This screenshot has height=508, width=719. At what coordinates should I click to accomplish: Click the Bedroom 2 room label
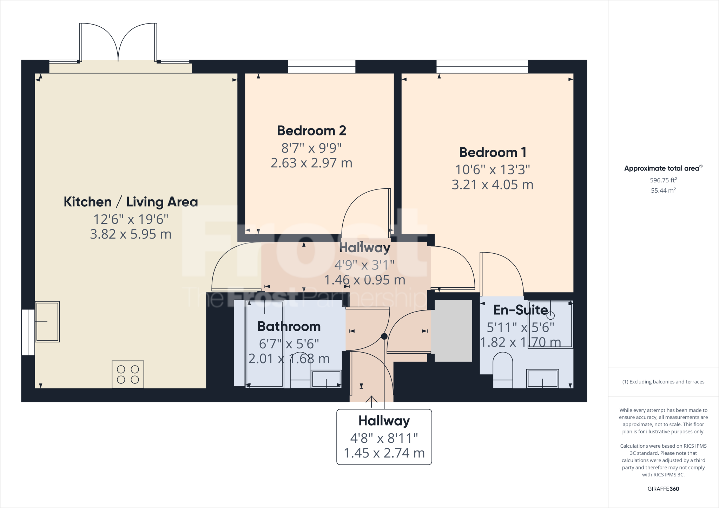[x=311, y=131]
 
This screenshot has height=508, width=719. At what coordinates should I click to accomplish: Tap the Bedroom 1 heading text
[x=492, y=153]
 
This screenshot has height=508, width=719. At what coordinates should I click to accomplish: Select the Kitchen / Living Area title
[x=131, y=202]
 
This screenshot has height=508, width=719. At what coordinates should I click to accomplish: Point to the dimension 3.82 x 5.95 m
[x=131, y=234]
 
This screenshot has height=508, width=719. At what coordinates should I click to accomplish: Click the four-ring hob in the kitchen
[x=128, y=374]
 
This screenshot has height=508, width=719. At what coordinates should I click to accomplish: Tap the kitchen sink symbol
[x=47, y=321]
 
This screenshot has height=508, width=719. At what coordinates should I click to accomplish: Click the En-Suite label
[x=520, y=310]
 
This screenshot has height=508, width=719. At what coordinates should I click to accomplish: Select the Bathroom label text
[x=289, y=327]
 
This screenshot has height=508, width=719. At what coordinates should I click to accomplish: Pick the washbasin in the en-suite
[x=542, y=378]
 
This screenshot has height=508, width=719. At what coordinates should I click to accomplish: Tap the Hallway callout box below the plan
[x=384, y=437]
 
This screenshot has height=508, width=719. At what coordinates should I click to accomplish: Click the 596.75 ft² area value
[x=663, y=180]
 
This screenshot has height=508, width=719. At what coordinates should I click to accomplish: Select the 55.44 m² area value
[x=663, y=190]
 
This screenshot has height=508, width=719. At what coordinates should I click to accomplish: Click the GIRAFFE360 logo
[x=663, y=489]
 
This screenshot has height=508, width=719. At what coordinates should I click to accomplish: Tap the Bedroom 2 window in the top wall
[x=322, y=66]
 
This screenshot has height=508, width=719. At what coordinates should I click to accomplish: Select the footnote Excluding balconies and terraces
[x=663, y=382]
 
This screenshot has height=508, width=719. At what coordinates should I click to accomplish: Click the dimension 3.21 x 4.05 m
[x=492, y=185]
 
